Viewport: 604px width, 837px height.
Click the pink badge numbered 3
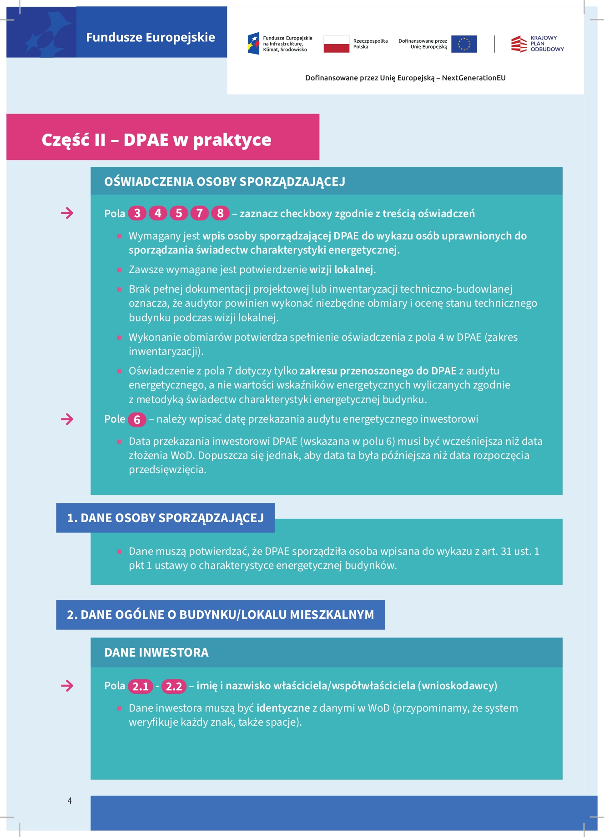(x=137, y=213)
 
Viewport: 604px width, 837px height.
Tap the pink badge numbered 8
(x=220, y=213)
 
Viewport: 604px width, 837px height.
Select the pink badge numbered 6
(x=137, y=419)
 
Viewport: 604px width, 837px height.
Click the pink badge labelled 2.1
(x=140, y=686)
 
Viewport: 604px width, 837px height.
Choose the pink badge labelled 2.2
(x=174, y=686)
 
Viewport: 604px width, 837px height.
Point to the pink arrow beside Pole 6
(x=67, y=419)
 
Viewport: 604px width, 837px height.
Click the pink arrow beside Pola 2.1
(x=67, y=686)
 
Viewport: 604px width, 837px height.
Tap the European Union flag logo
(x=464, y=44)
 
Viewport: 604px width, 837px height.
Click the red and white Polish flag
(x=336, y=44)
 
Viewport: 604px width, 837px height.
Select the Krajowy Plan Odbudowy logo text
(x=547, y=44)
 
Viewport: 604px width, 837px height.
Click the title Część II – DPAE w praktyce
(x=156, y=139)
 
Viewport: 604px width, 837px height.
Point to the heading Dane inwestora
(x=156, y=653)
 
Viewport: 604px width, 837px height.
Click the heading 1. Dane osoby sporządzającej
(x=165, y=518)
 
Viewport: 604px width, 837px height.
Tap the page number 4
(x=70, y=801)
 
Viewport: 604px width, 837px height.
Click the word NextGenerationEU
(x=473, y=78)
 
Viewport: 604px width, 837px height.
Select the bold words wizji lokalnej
(x=341, y=269)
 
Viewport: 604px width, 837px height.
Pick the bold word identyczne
(x=283, y=708)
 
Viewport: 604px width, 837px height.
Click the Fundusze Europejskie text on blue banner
(x=151, y=37)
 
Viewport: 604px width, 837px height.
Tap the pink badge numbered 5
(x=179, y=213)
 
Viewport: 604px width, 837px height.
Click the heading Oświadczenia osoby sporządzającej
(x=225, y=182)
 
